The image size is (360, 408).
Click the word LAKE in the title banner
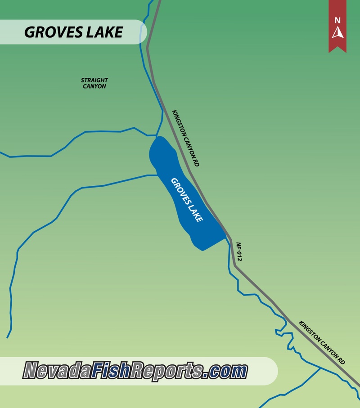tap(106, 32)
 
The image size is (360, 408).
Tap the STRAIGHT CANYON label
tap(94, 83)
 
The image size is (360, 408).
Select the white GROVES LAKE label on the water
tap(187, 200)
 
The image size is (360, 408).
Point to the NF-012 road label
tap(239, 252)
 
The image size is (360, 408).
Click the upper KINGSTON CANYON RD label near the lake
tap(185, 138)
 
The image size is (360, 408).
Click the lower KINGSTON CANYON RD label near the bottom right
tap(322, 343)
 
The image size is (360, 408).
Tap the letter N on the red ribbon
tap(337, 20)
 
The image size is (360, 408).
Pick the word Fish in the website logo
tap(111, 370)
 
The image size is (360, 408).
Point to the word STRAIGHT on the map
tap(94, 81)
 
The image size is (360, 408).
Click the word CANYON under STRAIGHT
tap(94, 86)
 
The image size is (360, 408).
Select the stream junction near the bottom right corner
tap(320, 368)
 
